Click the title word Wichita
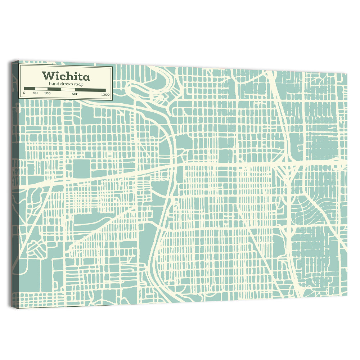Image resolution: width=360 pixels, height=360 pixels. coord(66,76)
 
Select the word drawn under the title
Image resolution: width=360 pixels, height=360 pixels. coord(67,84)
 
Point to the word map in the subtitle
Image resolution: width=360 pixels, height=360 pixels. coord(79,84)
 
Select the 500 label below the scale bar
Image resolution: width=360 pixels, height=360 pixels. coord(75,94)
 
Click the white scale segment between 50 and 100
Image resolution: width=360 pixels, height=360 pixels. coord(41,89)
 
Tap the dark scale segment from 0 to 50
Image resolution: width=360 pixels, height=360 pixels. coord(30,89)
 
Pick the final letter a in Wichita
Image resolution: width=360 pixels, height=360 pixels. coord(86,77)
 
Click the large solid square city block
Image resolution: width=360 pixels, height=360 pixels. coord(81,168)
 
